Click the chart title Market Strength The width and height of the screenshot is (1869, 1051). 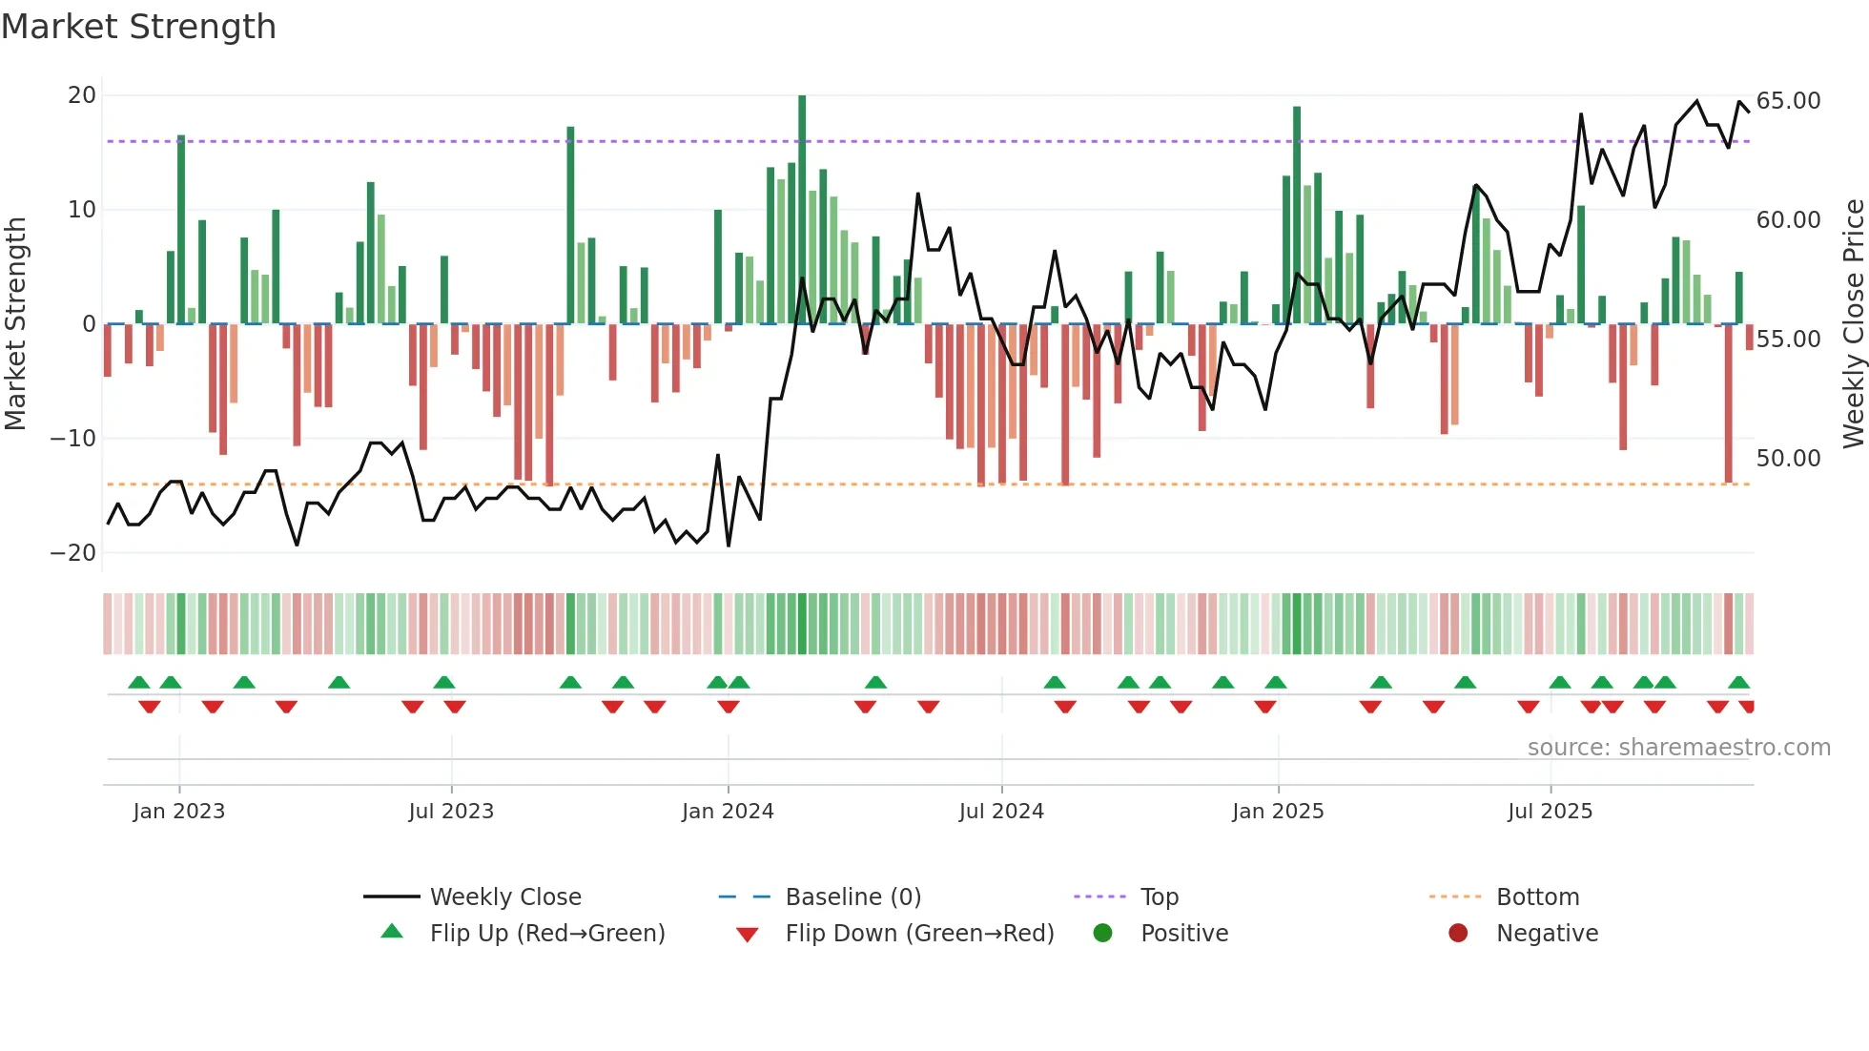point(138,27)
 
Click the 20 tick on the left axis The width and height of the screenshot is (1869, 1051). point(82,95)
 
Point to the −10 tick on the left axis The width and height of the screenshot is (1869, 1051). point(73,439)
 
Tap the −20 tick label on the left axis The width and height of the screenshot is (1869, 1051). point(73,553)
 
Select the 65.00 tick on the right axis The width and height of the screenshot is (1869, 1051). point(1788,101)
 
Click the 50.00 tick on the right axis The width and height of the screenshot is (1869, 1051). point(1788,459)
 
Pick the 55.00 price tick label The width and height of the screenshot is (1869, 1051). point(1788,340)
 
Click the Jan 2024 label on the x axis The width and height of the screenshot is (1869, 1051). point(728,812)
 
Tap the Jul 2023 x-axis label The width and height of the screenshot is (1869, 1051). point(451,812)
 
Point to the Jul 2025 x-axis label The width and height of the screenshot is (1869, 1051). point(1550,812)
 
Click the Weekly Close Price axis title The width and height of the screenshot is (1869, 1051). point(1853,324)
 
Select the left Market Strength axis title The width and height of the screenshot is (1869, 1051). point(15,324)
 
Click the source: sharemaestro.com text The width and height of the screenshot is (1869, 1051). point(1678,748)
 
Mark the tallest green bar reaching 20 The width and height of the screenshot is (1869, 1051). point(802,210)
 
